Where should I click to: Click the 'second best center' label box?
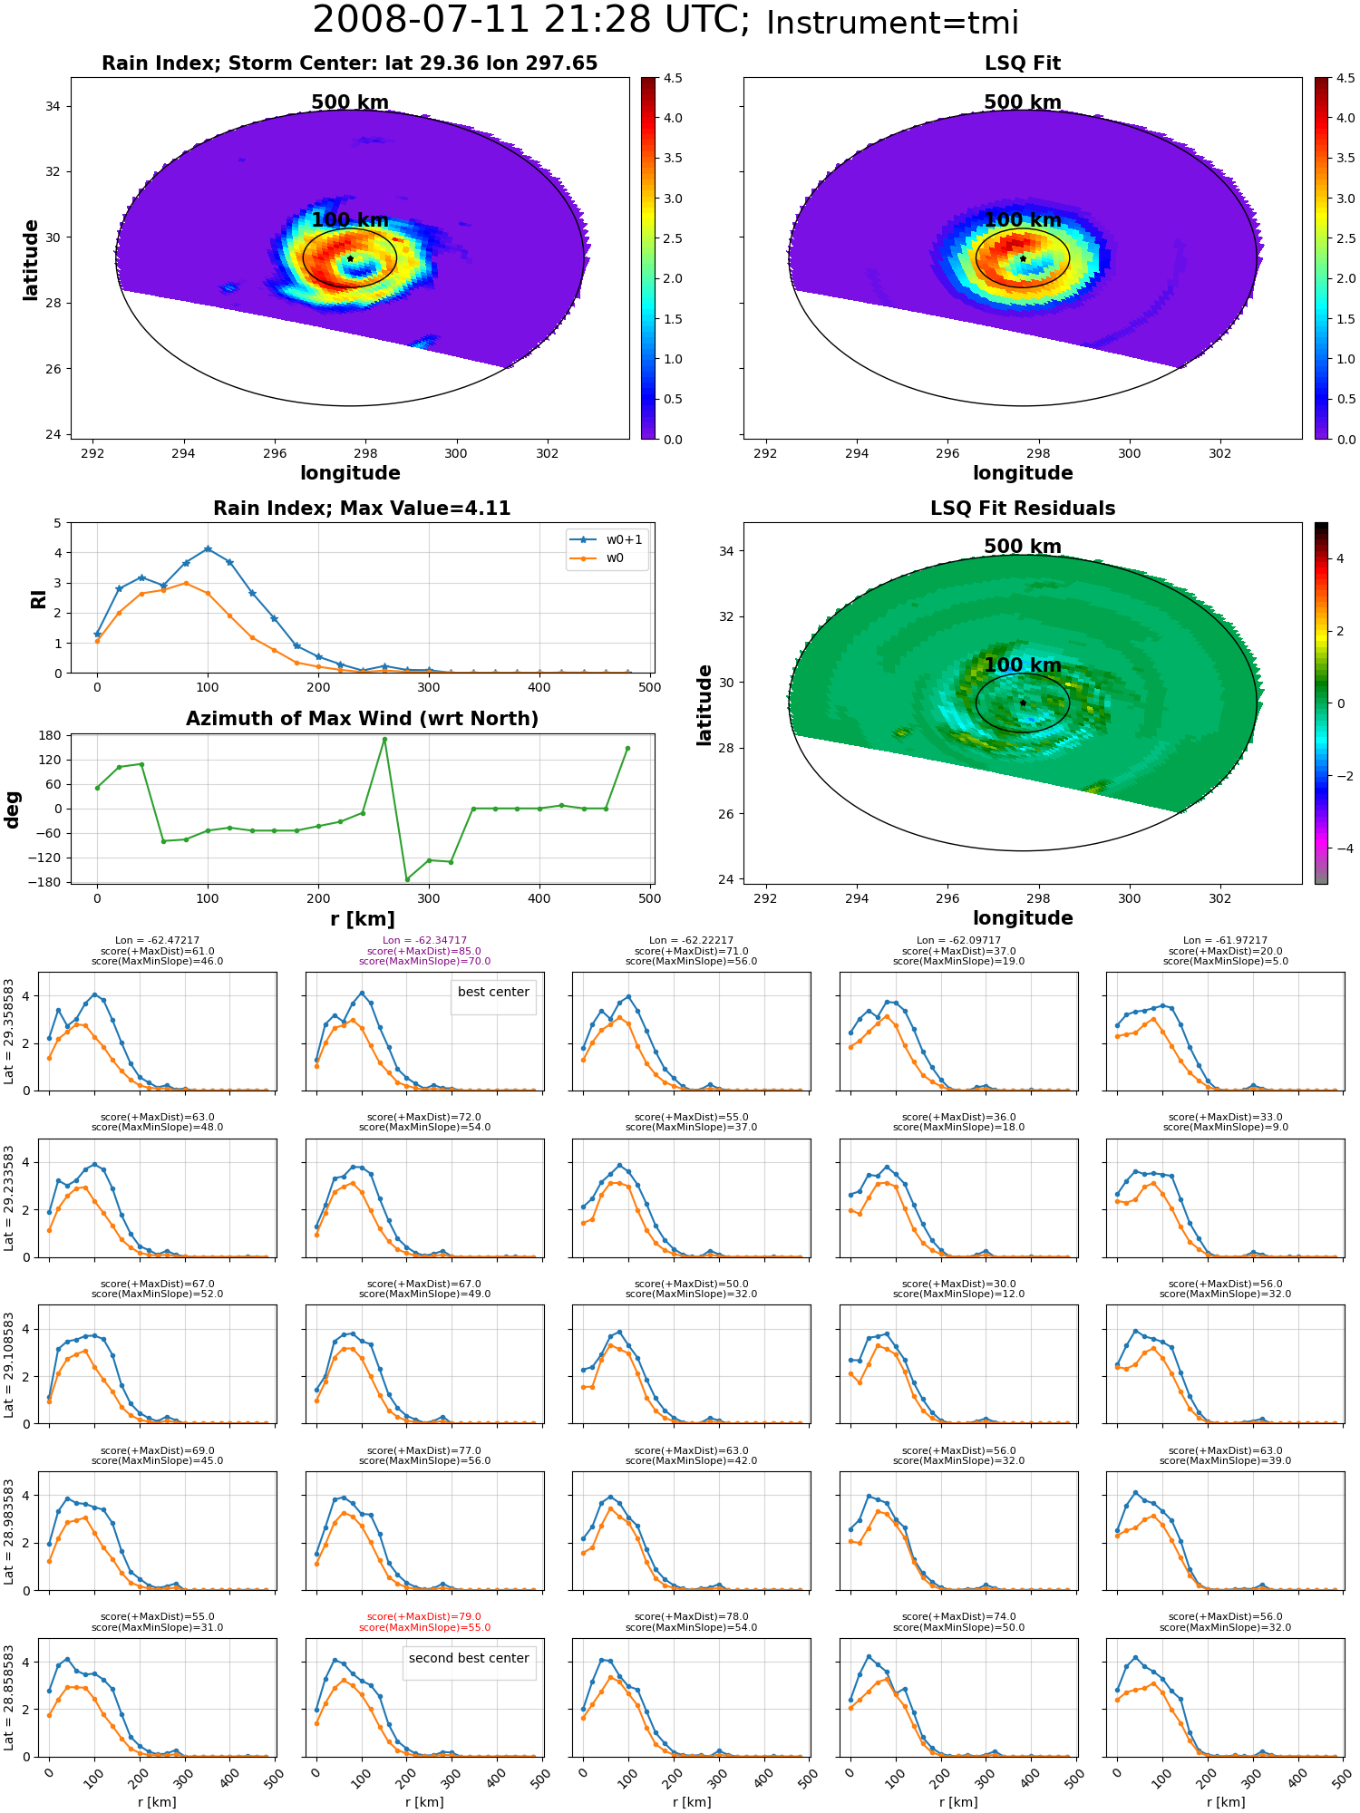469,1658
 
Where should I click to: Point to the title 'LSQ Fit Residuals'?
1023,509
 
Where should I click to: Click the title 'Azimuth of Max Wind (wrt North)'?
362,719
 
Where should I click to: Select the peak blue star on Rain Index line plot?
208,549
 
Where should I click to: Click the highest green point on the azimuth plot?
384,740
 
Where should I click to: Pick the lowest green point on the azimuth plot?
407,879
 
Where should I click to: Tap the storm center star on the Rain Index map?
350,258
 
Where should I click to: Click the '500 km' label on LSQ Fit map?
1023,102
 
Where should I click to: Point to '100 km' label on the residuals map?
1023,665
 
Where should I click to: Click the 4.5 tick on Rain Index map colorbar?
673,79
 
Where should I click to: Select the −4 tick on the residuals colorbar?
1340,848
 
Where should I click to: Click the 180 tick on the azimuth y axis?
51,735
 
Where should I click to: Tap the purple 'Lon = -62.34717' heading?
424,941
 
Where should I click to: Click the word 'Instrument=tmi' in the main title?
892,24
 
